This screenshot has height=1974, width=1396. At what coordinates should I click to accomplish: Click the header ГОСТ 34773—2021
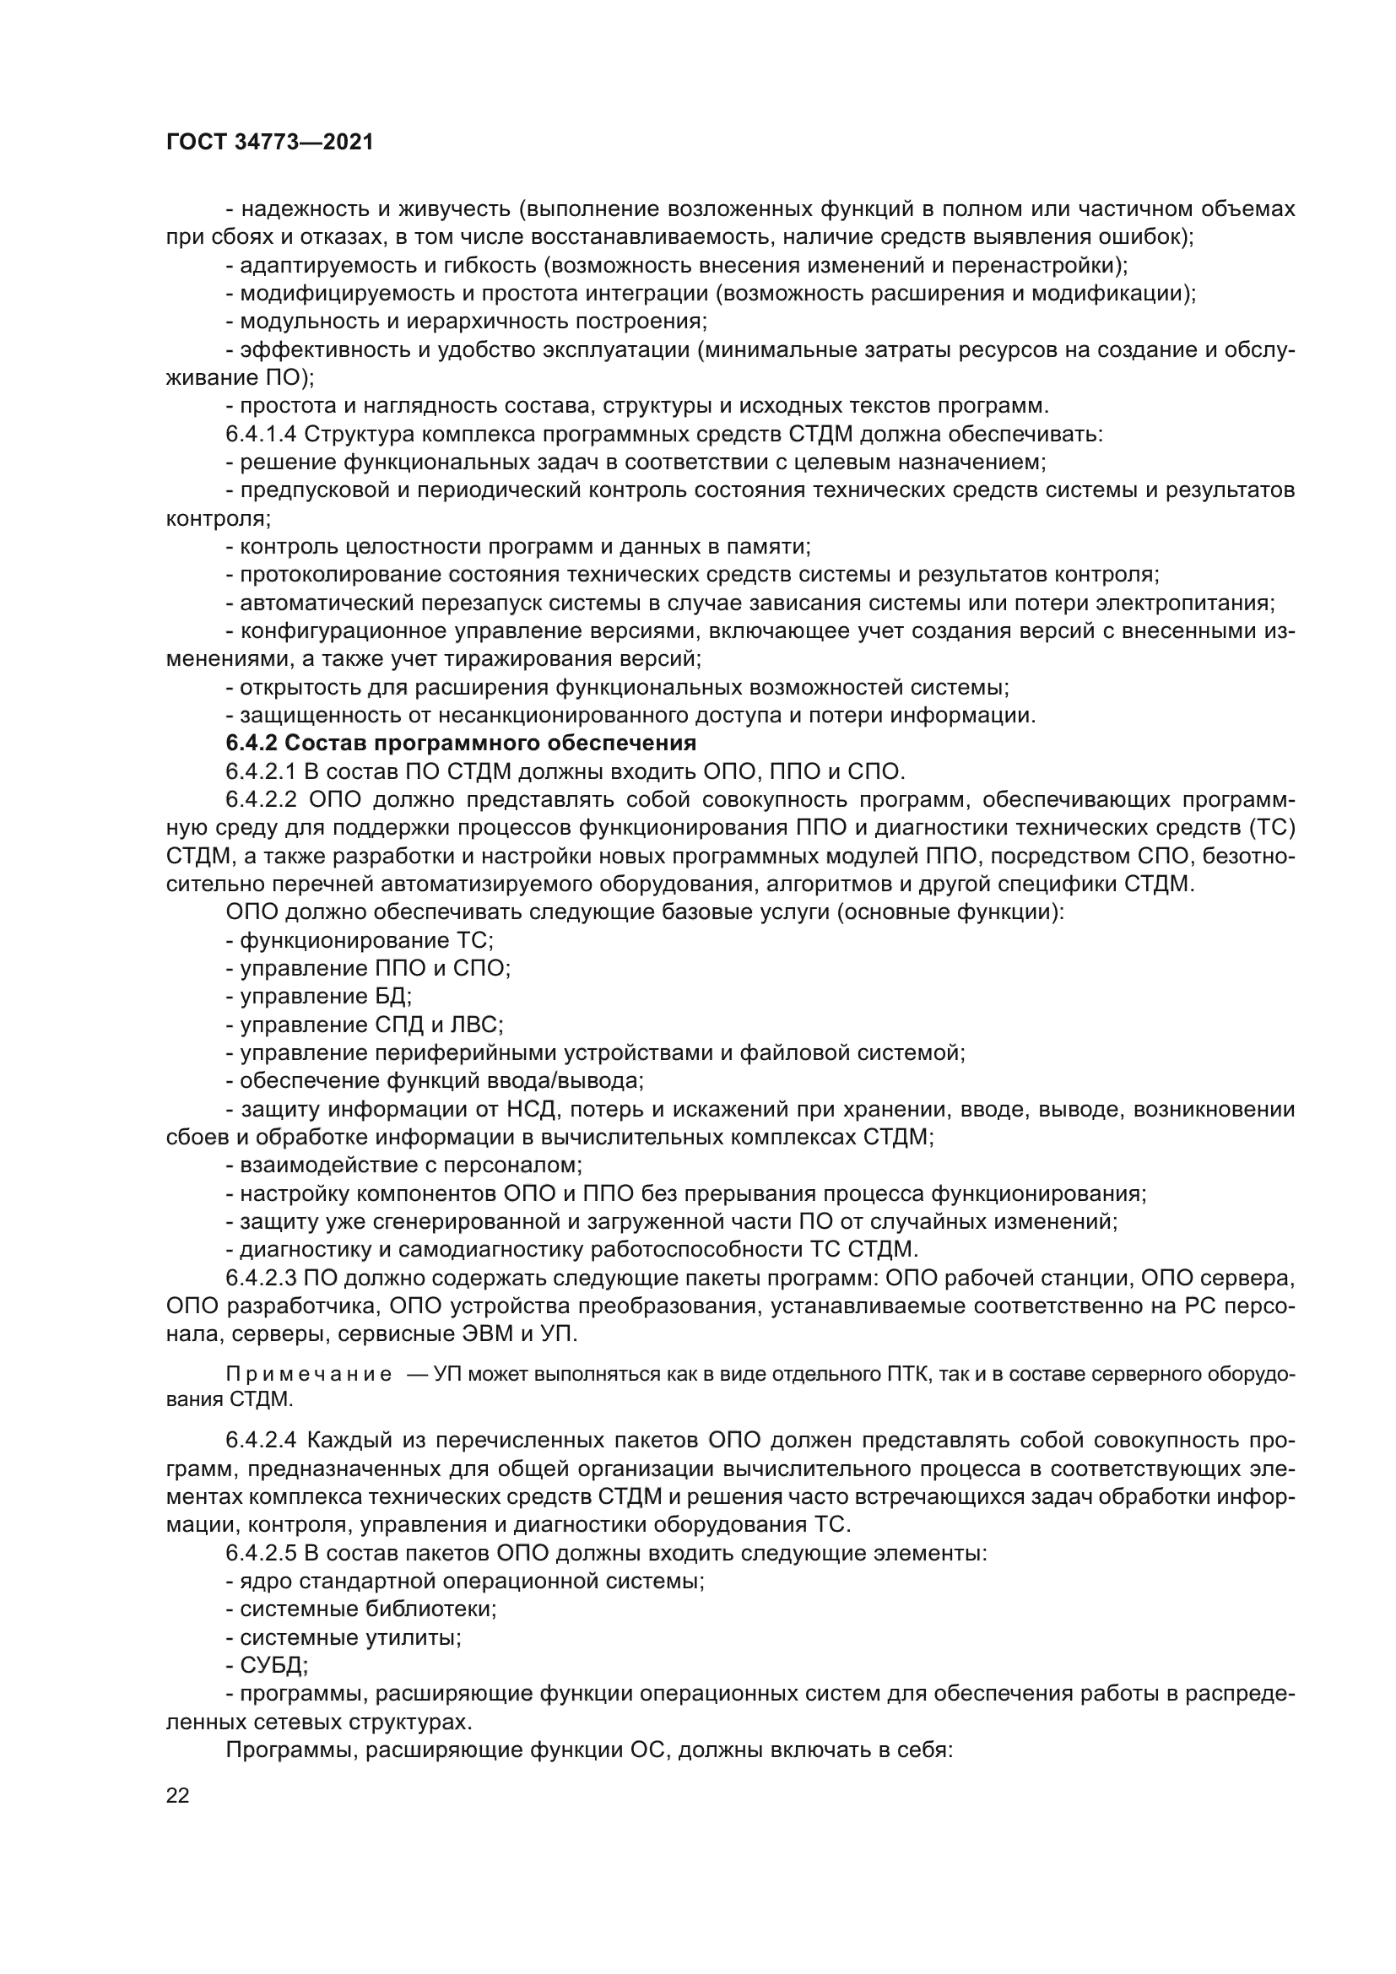270,143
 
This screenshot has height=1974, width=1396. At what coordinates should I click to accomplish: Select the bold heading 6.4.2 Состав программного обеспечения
461,742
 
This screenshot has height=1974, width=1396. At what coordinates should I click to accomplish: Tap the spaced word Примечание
309,1374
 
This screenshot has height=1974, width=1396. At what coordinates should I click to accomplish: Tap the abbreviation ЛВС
478,1025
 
